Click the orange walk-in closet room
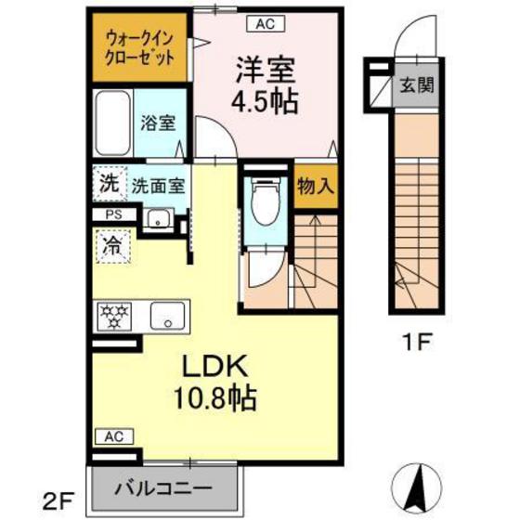(140, 46)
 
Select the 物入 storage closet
(315, 185)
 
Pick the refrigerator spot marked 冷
(111, 248)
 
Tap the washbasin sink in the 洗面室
(159, 219)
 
